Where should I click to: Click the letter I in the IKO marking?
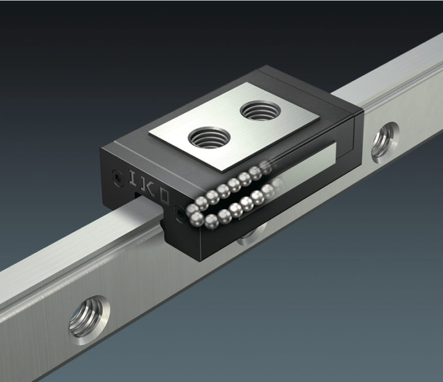[x=132, y=177]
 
